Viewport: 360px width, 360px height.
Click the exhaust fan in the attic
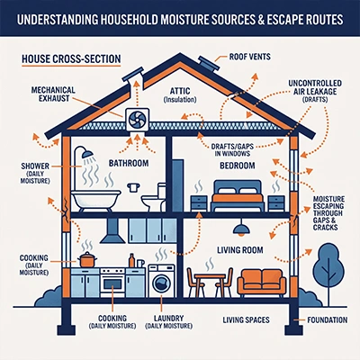coord(137,120)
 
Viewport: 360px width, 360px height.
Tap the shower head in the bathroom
coord(87,154)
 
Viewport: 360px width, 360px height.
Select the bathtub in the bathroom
coord(96,199)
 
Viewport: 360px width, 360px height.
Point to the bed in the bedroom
coord(238,195)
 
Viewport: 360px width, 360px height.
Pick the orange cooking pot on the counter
coord(87,259)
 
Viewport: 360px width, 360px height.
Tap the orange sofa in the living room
coord(262,283)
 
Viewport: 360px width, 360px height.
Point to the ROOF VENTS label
coord(249,57)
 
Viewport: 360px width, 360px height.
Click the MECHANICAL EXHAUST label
coord(53,94)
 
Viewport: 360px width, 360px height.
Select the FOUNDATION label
coord(327,320)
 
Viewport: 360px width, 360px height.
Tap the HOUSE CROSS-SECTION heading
coord(71,58)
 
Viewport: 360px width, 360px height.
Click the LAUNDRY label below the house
coord(168,318)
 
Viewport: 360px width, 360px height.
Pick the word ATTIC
coord(180,91)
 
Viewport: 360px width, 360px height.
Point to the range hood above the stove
coord(112,230)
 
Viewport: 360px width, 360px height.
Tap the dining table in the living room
coord(210,282)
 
